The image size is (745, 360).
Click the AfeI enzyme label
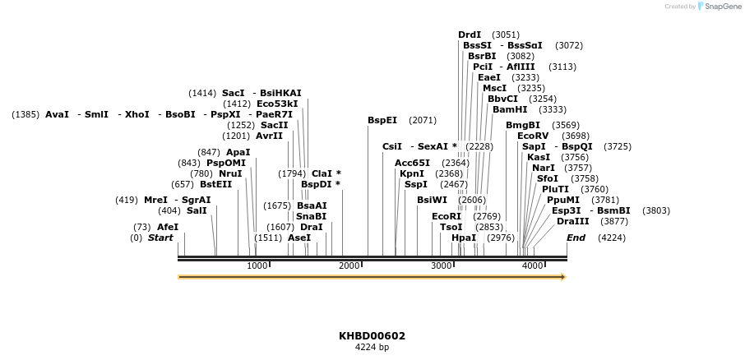[x=168, y=227]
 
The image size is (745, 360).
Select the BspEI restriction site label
[x=382, y=120]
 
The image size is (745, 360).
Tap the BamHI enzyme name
[x=510, y=109]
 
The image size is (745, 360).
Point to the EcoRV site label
[x=532, y=136]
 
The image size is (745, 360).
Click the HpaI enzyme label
[x=464, y=238]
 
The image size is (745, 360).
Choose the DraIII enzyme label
[x=572, y=221]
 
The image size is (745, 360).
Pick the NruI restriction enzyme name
[x=230, y=173]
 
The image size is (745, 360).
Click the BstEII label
[x=215, y=184]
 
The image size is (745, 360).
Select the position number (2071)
[x=422, y=120]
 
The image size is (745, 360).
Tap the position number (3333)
[x=552, y=109]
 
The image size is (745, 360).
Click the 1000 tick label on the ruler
[x=257, y=265]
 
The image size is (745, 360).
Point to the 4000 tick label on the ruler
[x=533, y=265]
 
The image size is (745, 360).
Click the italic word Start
[x=160, y=238]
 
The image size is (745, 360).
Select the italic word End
[x=576, y=238]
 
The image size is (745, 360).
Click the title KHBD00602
[x=372, y=336]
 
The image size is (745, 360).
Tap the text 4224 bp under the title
[x=372, y=348]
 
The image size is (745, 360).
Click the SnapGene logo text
[x=721, y=7]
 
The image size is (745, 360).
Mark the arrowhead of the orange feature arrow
[x=563, y=277]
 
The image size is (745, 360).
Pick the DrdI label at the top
[x=470, y=35]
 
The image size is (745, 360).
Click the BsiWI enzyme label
[x=432, y=200]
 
